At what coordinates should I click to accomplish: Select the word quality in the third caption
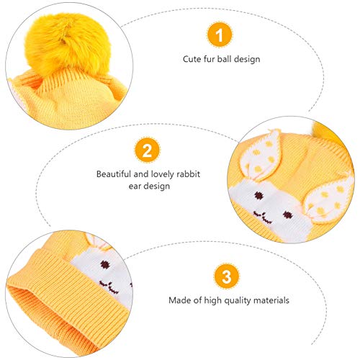233,299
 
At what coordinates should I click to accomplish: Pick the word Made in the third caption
179,299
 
